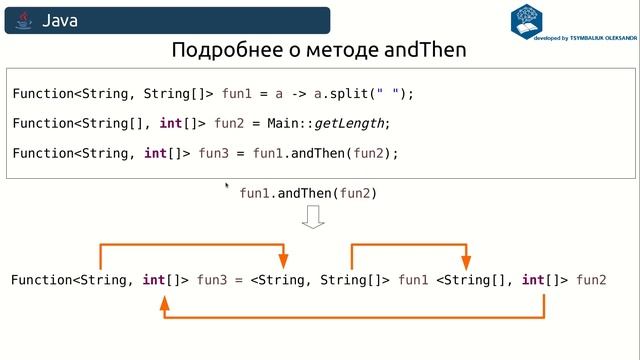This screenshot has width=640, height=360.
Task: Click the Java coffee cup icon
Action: tap(24, 20)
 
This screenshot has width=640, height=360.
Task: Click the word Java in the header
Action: tap(60, 20)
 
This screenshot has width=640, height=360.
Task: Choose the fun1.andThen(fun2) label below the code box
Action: tap(308, 193)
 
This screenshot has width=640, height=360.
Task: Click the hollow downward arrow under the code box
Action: tap(313, 217)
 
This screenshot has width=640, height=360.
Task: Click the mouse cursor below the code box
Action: tap(228, 185)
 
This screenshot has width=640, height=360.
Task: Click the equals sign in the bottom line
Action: tap(240, 280)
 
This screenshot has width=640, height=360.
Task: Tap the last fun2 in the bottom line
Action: tap(591, 280)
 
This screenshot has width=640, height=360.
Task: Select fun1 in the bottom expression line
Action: tap(413, 280)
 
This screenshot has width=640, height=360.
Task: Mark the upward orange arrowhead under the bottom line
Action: tap(164, 301)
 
